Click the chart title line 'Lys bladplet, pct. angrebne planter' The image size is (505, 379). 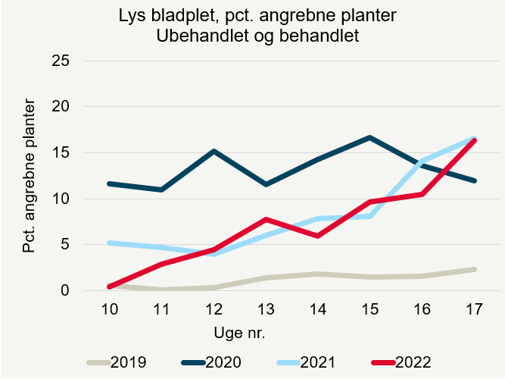257,16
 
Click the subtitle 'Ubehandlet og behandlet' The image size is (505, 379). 257,35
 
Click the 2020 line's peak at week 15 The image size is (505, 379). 369,137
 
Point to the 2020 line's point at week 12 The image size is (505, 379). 214,151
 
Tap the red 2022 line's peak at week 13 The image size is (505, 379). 266,219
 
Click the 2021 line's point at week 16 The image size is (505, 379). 422,160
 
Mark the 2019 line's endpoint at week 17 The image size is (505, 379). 474,269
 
